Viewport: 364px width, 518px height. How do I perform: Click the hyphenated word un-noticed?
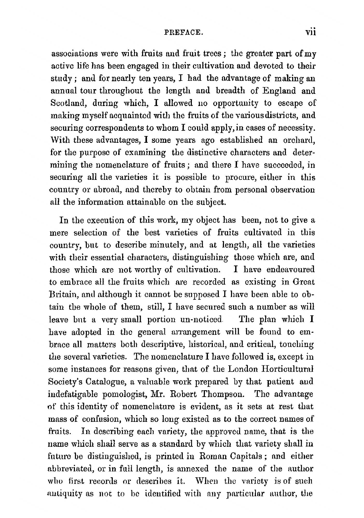click(197, 320)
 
